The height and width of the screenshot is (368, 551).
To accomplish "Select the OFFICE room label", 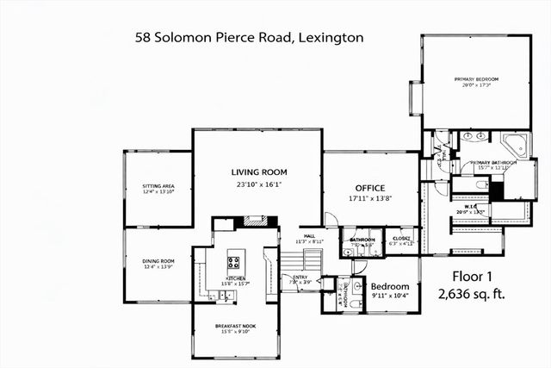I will (x=370, y=188).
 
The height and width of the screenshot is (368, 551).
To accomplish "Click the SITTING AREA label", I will (x=158, y=186).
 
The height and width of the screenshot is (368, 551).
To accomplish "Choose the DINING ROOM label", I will (x=158, y=261).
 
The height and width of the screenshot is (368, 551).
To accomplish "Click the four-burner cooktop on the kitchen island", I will (x=234, y=262).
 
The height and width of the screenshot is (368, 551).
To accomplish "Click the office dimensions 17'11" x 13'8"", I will (x=370, y=199).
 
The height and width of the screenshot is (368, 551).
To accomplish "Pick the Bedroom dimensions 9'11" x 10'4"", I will (x=390, y=297).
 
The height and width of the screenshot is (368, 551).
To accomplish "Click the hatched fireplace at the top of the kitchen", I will (x=254, y=221).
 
